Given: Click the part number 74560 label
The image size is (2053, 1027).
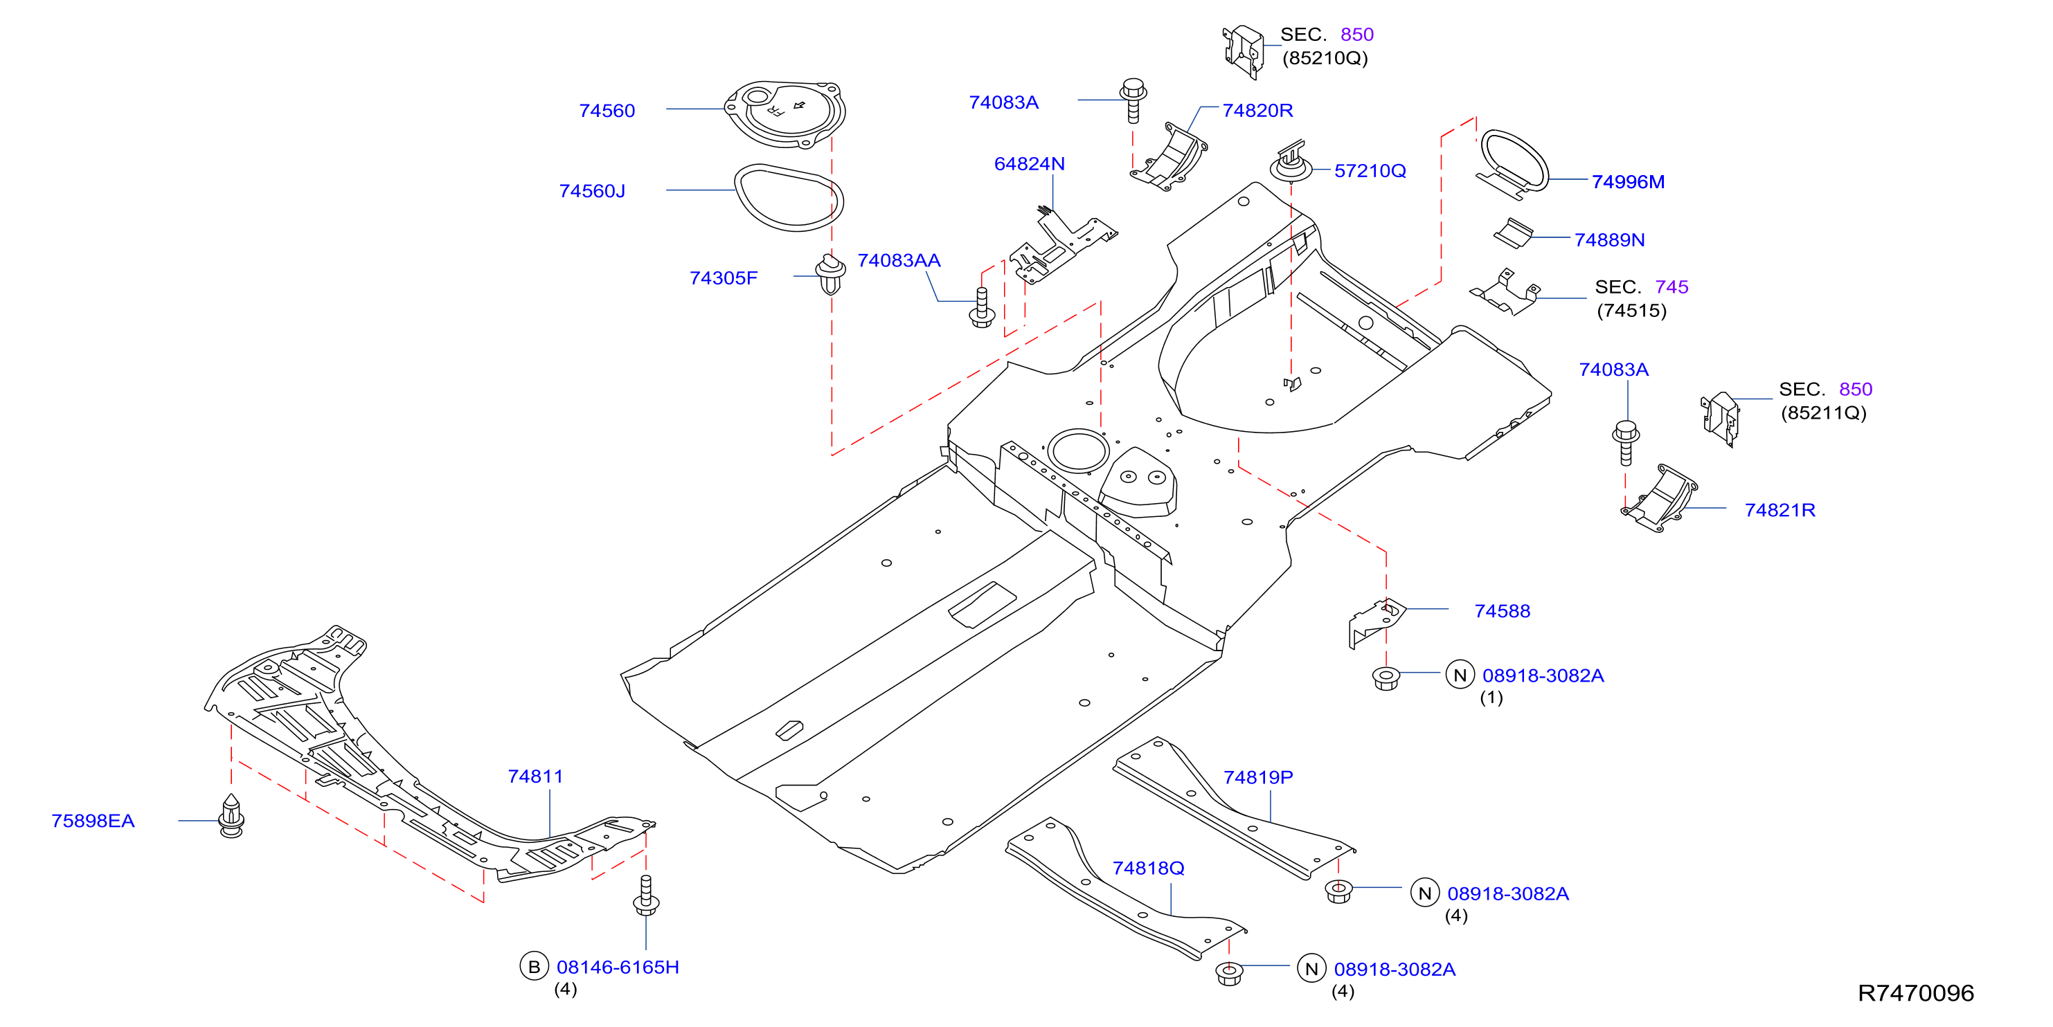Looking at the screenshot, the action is click(x=607, y=111).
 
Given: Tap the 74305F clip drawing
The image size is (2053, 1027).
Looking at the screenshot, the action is click(x=830, y=274).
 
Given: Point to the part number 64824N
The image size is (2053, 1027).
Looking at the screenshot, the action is click(x=1029, y=164).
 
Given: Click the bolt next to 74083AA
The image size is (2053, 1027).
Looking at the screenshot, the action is click(x=982, y=307).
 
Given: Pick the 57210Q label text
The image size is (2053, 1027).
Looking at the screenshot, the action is click(x=1370, y=170).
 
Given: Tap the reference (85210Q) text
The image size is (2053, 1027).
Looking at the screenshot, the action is click(x=1325, y=58).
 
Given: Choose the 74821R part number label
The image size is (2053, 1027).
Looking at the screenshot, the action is click(x=1779, y=510).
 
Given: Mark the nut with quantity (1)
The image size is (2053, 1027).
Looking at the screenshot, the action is click(x=1386, y=679).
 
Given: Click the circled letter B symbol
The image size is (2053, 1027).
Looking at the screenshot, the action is click(x=534, y=967).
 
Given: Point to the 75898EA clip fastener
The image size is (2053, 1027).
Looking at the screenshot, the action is click(x=231, y=816).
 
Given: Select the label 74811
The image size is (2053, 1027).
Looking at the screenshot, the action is click(x=535, y=776).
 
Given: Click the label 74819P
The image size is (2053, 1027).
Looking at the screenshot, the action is click(x=1257, y=776).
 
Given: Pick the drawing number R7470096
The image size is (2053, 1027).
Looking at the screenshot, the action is click(x=1915, y=992).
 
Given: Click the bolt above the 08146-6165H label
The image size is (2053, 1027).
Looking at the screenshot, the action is click(x=645, y=896).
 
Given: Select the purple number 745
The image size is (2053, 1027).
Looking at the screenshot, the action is click(x=1671, y=287).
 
